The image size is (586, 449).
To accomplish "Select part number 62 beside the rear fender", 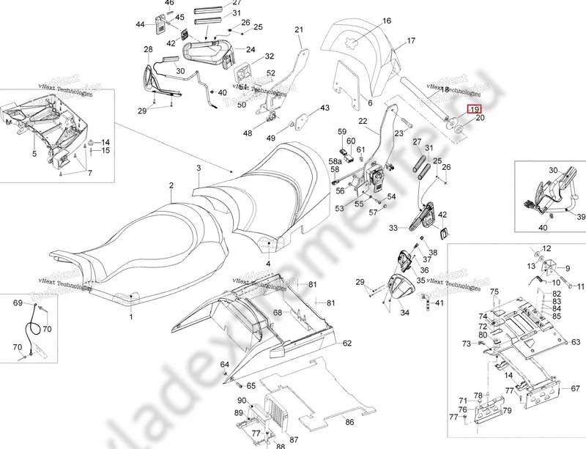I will tap(347, 343).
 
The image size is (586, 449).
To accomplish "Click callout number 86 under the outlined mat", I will tap(349, 423).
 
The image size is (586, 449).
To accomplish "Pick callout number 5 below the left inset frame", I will tap(34, 155).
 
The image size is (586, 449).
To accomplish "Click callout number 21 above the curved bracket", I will tap(298, 29).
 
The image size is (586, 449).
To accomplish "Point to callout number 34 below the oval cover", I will tap(404, 312).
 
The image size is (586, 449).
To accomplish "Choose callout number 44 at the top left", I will tap(140, 25).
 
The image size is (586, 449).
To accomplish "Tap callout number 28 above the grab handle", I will tap(148, 50).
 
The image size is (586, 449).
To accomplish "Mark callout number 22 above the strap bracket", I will tap(362, 121).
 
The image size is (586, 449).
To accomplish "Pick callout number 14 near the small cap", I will tap(105, 142).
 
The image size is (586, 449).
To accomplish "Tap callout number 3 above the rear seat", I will tap(197, 168).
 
